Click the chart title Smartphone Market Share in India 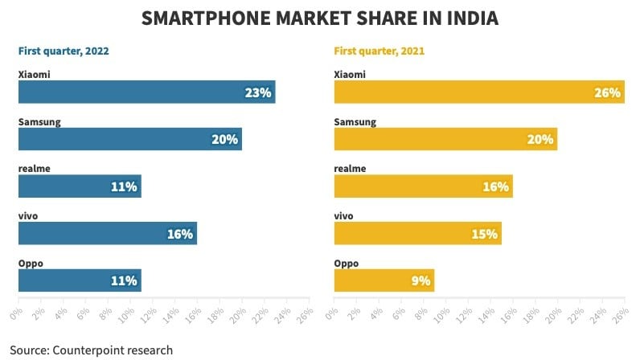(320, 18)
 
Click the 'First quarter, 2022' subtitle (64, 51)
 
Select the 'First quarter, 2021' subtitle (379, 51)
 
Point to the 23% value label (257, 92)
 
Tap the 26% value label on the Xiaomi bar (608, 92)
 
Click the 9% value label (421, 281)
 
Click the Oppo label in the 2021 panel (346, 263)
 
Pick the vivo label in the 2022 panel (28, 215)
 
